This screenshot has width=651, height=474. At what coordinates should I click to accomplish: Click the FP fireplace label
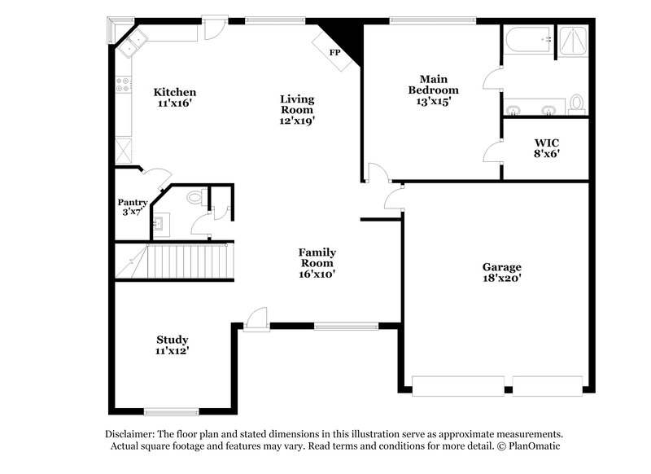tap(334, 53)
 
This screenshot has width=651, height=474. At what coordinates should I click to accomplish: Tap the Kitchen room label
tap(176, 92)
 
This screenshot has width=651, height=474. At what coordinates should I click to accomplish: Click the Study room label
tap(173, 340)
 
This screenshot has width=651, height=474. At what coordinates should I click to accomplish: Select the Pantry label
tap(133, 203)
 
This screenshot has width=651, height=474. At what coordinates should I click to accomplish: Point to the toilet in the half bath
tap(194, 197)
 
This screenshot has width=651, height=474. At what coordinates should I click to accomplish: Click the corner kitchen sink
tap(132, 40)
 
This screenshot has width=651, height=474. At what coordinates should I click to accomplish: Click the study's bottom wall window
tap(172, 410)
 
